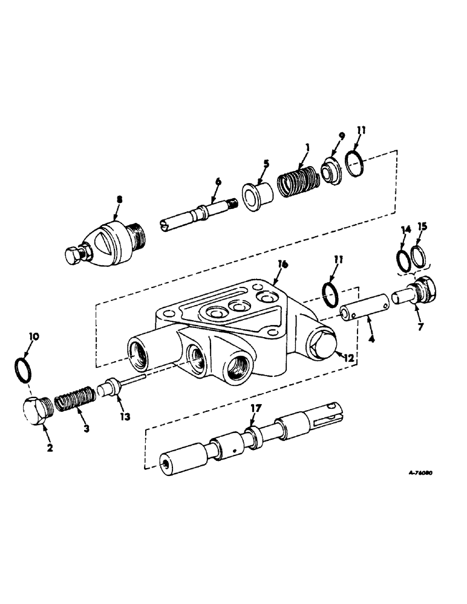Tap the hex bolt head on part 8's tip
coord(75,255)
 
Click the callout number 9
coord(342,137)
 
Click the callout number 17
coord(256,409)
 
